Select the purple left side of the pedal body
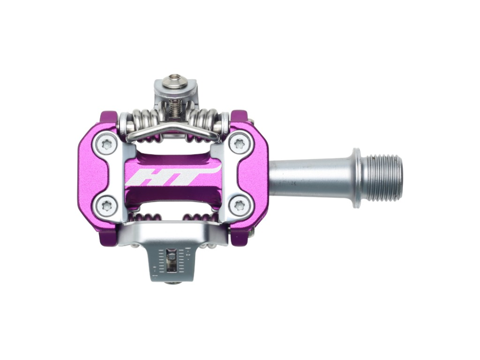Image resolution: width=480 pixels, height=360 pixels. click(89, 175)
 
